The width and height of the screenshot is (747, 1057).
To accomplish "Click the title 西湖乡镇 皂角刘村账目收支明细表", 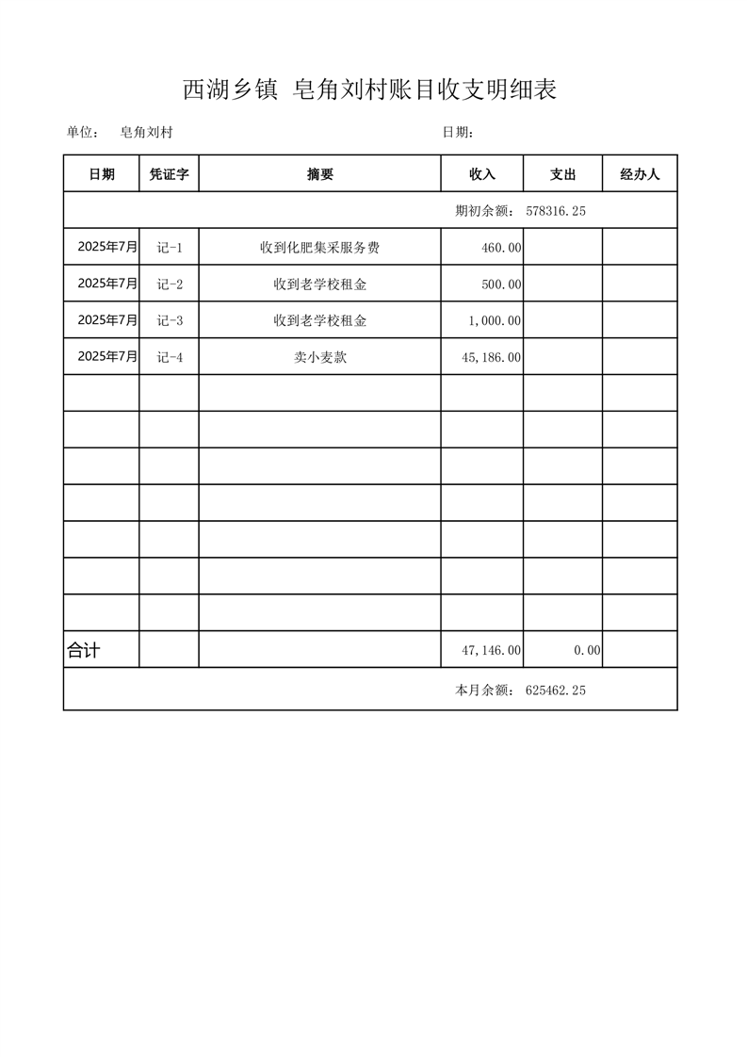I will (370, 90).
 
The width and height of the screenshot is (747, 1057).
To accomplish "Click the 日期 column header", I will (102, 174).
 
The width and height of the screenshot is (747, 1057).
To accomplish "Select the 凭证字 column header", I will (170, 174).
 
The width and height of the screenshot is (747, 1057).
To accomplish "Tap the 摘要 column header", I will (320, 174).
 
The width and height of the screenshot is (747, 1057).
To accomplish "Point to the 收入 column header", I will (482, 174).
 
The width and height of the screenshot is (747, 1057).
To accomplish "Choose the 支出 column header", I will (562, 174).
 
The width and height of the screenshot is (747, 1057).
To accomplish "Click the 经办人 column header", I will (640, 174).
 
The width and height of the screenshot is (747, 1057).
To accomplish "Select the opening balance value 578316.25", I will (556, 211).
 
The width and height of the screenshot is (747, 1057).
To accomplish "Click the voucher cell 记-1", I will (170, 248).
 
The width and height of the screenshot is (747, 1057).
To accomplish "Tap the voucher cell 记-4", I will (170, 357).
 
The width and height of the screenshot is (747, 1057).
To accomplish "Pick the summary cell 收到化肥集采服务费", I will (320, 248).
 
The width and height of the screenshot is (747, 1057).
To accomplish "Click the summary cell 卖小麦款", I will (320, 357).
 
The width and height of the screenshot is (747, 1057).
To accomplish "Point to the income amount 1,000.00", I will (495, 321).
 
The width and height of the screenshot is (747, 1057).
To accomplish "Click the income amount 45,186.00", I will (491, 358).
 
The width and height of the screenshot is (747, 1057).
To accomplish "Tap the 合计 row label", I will (84, 650).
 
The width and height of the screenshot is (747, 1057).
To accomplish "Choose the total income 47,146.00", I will (491, 650).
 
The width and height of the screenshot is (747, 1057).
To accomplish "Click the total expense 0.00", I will (587, 650).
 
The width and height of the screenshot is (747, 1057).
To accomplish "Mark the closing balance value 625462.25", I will (556, 691).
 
